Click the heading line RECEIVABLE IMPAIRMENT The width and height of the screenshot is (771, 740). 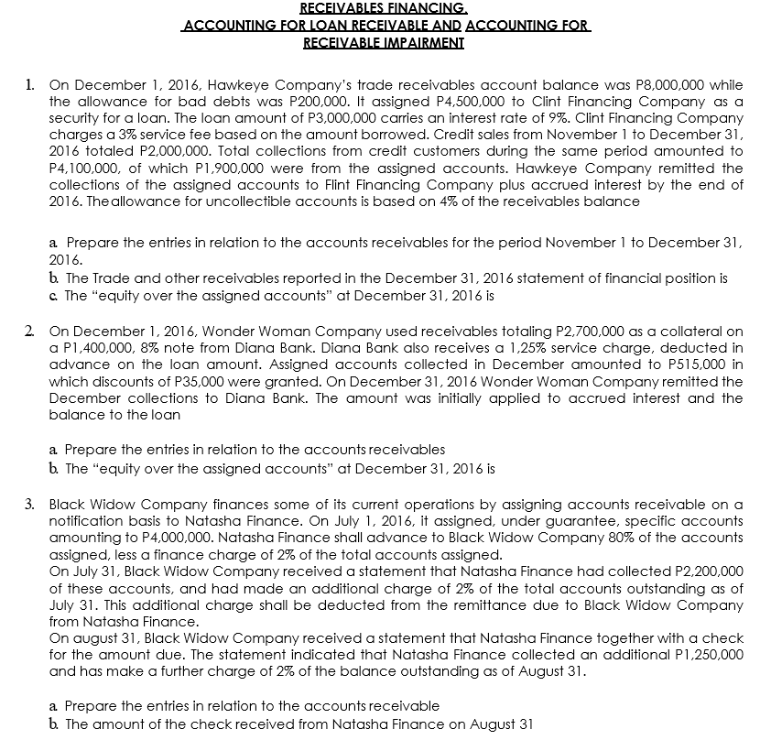click(384, 42)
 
